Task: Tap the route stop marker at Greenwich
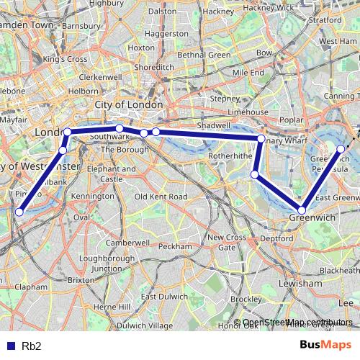point(302,210)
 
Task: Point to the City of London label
point(129,105)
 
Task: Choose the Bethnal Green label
point(203,55)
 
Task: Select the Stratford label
point(323,21)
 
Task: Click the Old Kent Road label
point(161,197)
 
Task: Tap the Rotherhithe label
point(230,156)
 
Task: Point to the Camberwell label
point(126,243)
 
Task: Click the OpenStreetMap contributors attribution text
point(298,323)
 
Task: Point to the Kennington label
point(93,196)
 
